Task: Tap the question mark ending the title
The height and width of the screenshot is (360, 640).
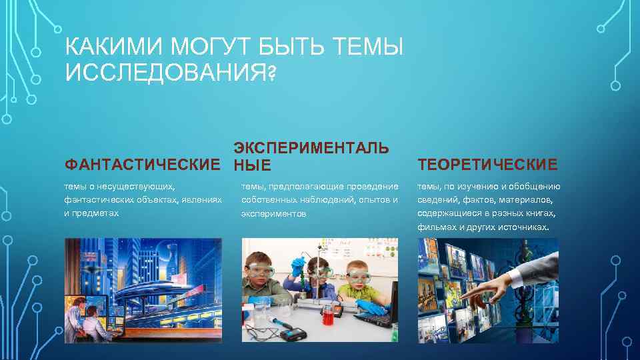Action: (x=270, y=73)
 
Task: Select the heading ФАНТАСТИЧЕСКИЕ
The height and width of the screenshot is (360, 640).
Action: (x=141, y=165)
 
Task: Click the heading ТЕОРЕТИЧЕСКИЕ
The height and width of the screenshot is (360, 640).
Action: (x=487, y=165)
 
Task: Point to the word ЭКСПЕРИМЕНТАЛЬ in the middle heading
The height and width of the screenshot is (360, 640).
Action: (x=311, y=148)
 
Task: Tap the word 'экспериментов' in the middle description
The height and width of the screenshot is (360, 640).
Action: (x=274, y=215)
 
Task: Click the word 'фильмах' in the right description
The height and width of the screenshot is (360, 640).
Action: (x=435, y=227)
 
